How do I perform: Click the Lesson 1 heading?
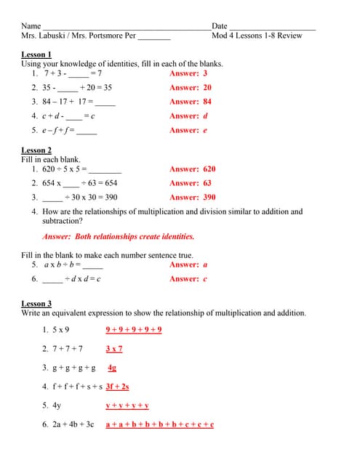click(36, 54)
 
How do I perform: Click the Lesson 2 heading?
click(36, 150)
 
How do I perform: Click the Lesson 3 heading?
click(36, 304)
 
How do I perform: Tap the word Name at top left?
click(31, 25)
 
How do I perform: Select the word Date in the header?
click(219, 25)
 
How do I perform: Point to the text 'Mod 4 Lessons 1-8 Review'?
click(257, 35)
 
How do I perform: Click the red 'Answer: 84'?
click(190, 102)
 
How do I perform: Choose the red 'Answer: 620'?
click(192, 169)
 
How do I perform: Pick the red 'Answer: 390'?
click(192, 197)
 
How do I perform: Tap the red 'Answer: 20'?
click(190, 87)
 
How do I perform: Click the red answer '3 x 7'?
click(114, 349)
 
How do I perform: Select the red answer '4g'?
click(112, 368)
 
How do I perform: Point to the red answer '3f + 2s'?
click(117, 387)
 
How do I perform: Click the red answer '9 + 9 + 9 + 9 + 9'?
click(134, 330)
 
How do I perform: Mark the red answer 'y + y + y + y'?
click(127, 405)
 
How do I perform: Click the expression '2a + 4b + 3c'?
click(73, 424)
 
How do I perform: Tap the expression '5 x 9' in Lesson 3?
click(60, 330)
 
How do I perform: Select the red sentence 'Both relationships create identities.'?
click(134, 237)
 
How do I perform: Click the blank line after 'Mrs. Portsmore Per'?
click(154, 36)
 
